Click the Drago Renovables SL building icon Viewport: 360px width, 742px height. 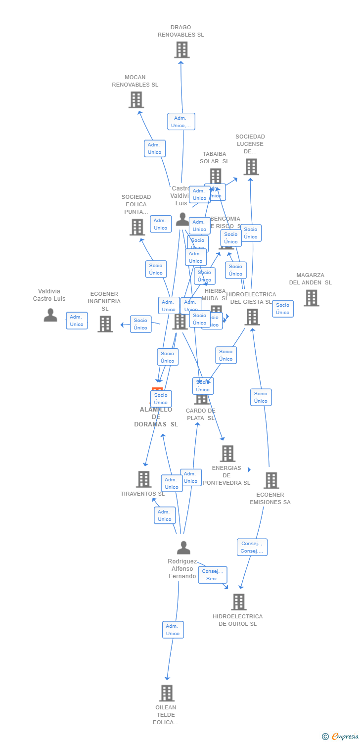[x=181, y=50]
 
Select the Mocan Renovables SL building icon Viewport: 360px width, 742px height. [x=136, y=100]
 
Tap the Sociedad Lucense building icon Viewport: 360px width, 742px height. [x=251, y=167]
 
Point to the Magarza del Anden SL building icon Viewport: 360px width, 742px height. [x=311, y=298]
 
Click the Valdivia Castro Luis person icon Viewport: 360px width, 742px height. [x=50, y=315]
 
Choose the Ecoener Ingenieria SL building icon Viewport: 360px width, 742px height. [x=105, y=324]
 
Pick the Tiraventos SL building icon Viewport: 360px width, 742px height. [x=143, y=479]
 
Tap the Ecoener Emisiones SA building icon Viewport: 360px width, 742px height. [x=271, y=480]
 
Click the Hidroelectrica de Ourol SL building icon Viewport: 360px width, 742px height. [x=239, y=602]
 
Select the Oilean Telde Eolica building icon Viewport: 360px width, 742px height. [x=167, y=693]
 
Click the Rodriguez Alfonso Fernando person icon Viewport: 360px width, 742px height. [x=183, y=548]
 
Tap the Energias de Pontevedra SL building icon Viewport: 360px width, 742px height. [x=227, y=454]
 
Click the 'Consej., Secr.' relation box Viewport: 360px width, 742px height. [x=213, y=575]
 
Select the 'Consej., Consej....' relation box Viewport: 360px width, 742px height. [x=252, y=547]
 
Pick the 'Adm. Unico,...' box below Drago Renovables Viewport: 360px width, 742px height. [x=181, y=122]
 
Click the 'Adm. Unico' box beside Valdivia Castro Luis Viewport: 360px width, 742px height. [x=77, y=321]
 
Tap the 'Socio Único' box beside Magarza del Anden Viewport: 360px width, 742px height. [x=282, y=309]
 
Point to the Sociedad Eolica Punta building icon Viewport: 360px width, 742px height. [x=137, y=227]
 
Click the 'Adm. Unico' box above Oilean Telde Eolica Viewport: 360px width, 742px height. [x=173, y=630]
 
